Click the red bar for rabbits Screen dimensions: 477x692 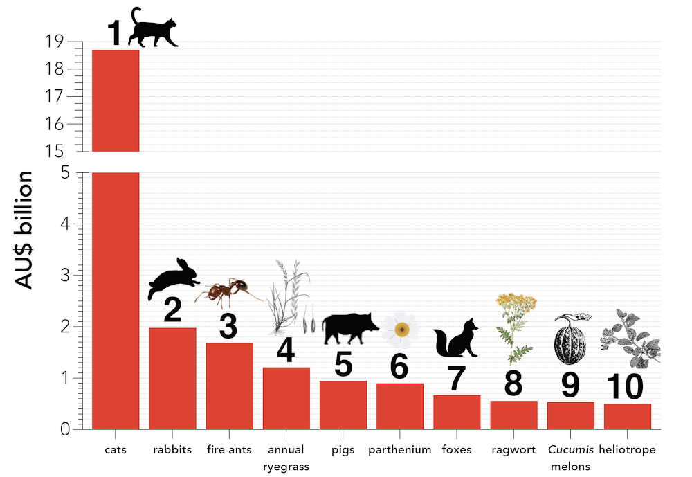point(173,378)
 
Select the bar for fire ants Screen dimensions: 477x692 point(230,386)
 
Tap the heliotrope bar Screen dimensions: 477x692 point(627,416)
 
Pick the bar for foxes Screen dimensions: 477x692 point(457,412)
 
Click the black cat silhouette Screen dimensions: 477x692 point(154,29)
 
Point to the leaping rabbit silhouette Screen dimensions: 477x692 point(174,278)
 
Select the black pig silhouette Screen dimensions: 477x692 point(351,327)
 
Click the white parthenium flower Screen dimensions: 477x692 point(401,329)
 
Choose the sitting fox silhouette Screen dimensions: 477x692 point(457,339)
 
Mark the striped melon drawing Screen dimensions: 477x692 point(570,337)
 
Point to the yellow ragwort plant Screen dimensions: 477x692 point(516,325)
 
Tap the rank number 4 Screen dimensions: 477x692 point(286,350)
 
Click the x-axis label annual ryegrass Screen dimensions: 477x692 point(286,458)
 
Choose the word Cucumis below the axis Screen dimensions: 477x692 point(570,449)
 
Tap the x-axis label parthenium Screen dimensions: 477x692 point(400,449)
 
